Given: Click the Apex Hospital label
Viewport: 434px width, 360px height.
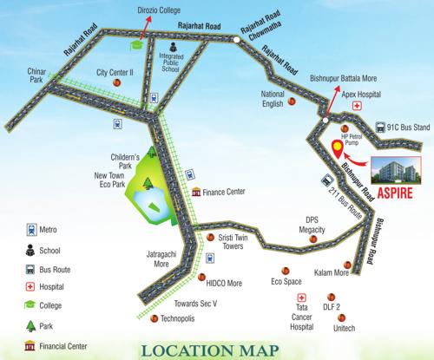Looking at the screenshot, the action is [360, 89].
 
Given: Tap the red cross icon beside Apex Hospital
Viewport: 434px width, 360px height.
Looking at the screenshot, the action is [356, 105].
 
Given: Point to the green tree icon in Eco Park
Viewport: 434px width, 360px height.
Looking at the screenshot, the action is [148, 183].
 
